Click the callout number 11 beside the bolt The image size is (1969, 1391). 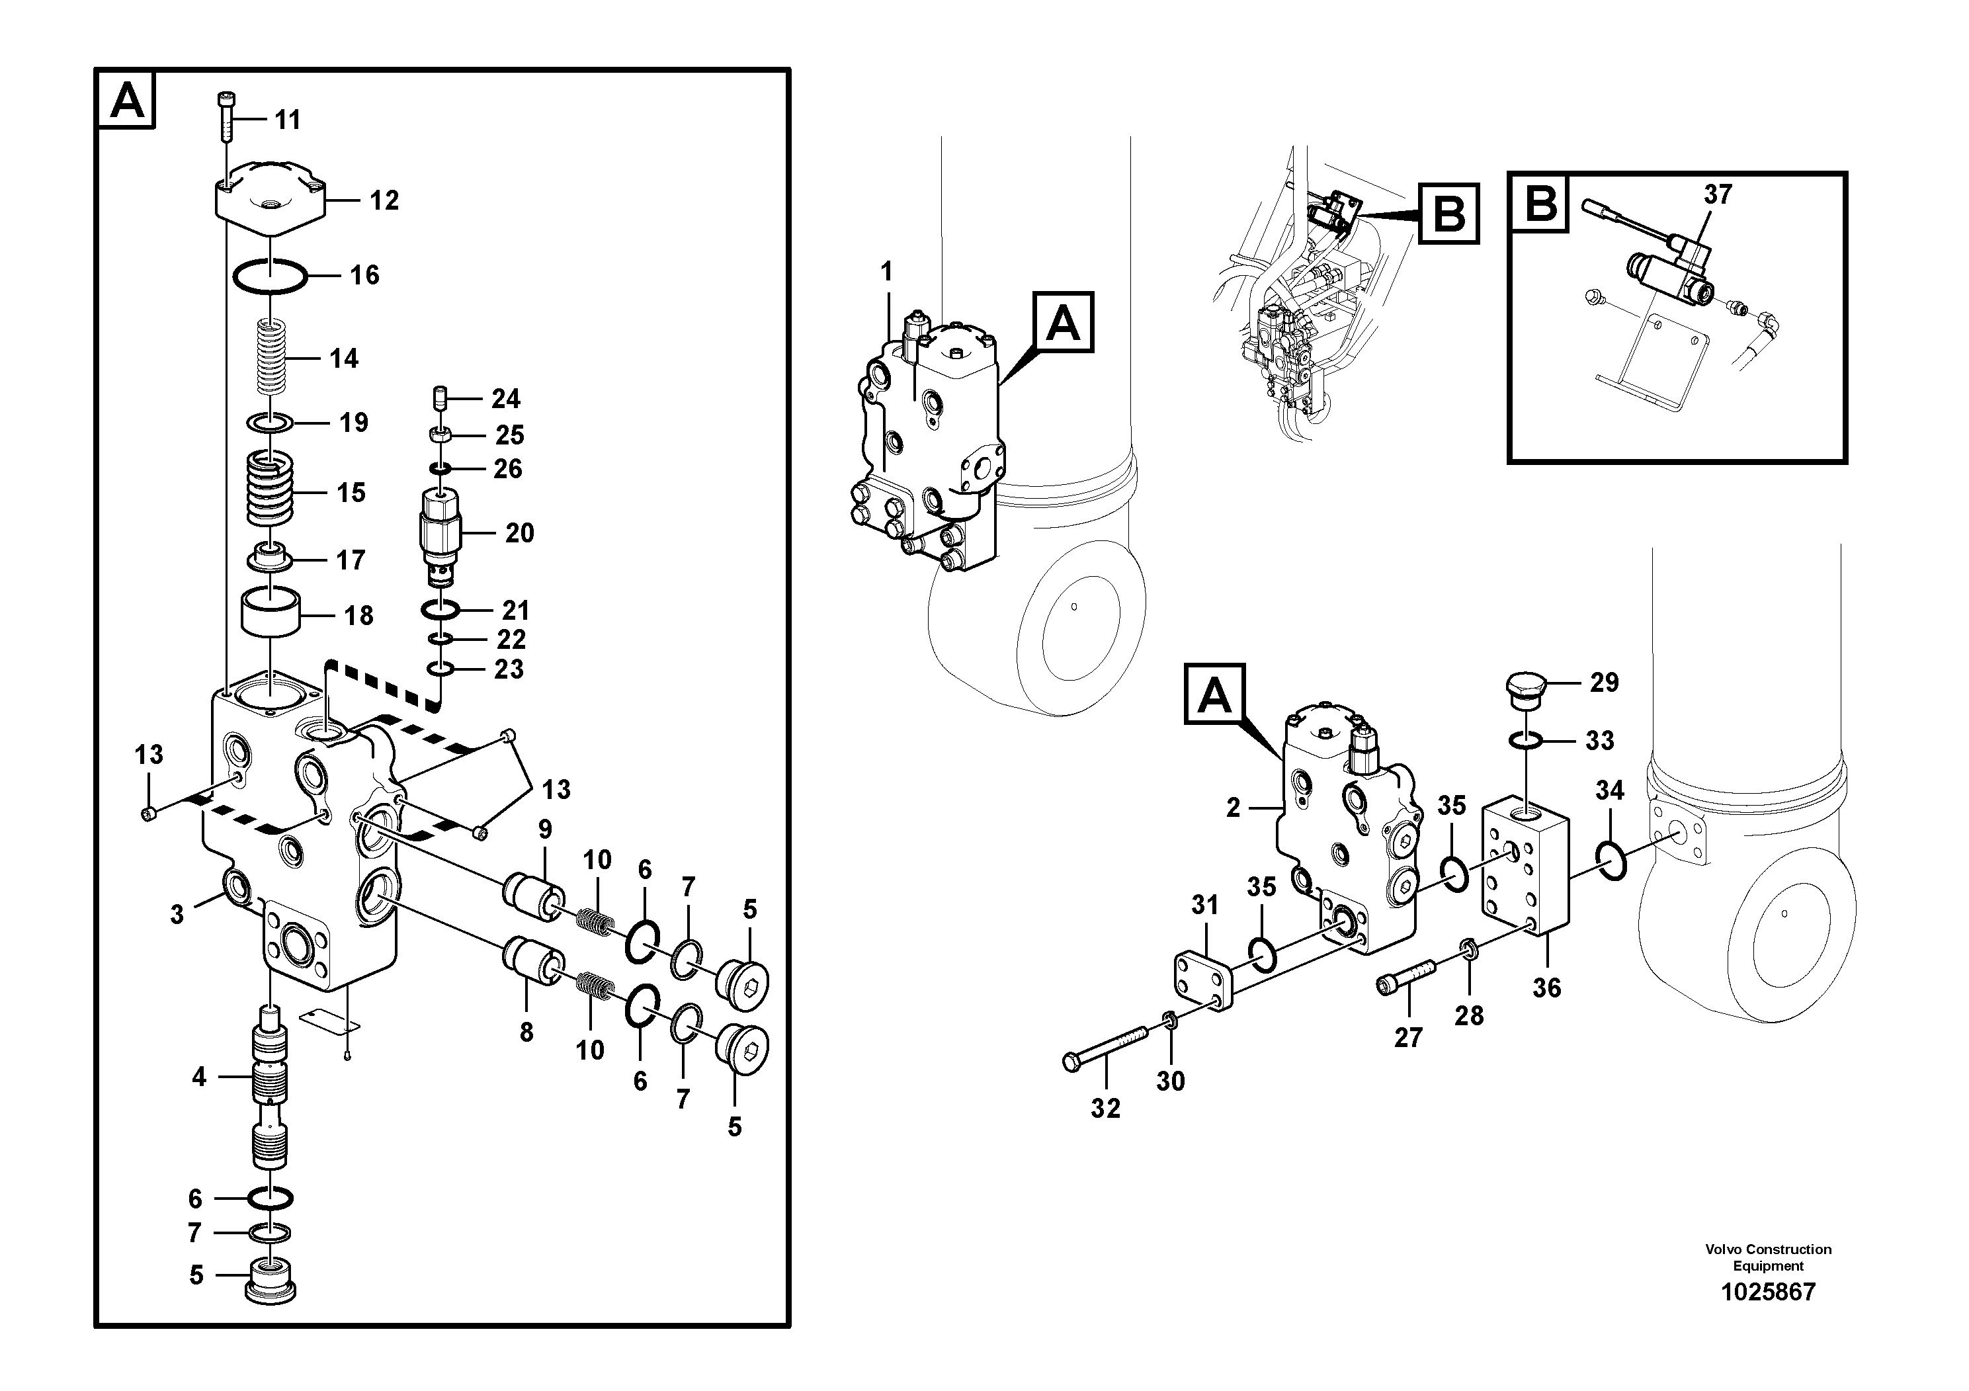tap(287, 120)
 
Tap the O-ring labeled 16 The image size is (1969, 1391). tap(269, 276)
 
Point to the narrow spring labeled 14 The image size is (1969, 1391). tap(272, 357)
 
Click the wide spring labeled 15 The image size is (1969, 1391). tap(270, 491)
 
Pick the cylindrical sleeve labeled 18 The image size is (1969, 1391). tap(270, 611)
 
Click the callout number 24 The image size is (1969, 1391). tap(505, 399)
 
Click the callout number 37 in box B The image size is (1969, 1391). tap(1718, 194)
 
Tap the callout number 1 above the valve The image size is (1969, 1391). tap(887, 272)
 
